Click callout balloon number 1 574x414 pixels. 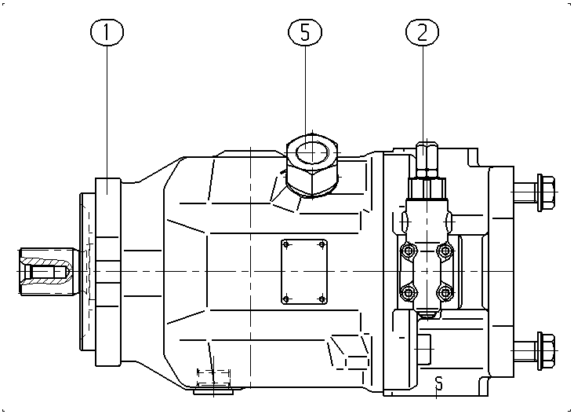[x=107, y=32]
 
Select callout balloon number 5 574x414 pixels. [x=305, y=32]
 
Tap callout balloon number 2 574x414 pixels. [x=423, y=32]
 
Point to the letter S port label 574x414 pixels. [x=438, y=383]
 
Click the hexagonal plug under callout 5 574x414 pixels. [x=312, y=166]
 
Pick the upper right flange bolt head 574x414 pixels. [x=546, y=192]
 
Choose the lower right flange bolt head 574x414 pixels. [x=546, y=350]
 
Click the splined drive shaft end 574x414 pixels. [x=48, y=271]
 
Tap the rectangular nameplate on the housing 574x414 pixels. [x=303, y=272]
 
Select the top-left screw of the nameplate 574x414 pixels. [x=287, y=244]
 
